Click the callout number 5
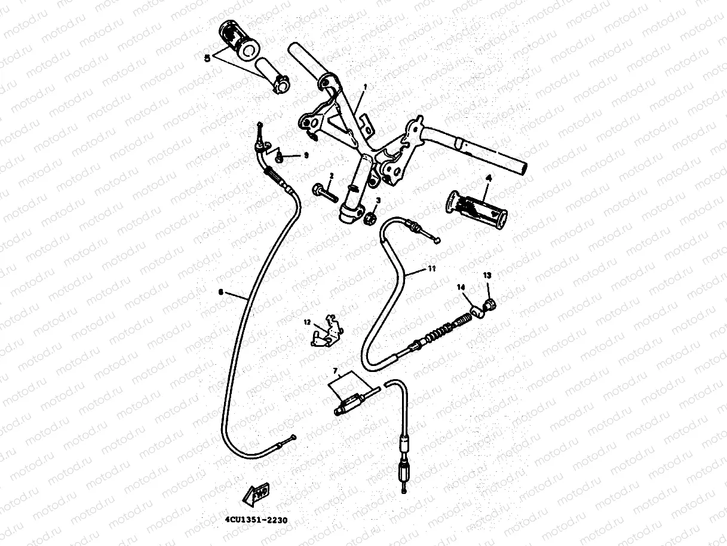pos(207,57)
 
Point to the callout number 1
pos(365,86)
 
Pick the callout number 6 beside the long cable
pos(221,292)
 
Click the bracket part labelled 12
pos(327,333)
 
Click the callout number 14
pos(461,288)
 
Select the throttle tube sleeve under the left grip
pos(272,74)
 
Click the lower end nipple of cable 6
pos(292,438)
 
